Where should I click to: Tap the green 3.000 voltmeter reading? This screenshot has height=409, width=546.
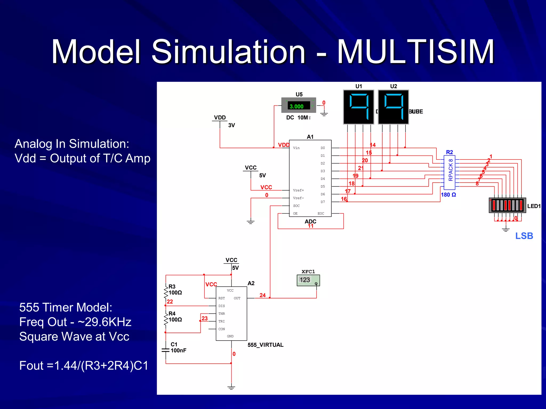click(x=296, y=107)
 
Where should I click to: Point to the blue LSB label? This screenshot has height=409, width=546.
click(x=524, y=236)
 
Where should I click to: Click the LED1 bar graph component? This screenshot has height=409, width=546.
click(x=507, y=205)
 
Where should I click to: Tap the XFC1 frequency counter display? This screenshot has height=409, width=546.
click(x=308, y=280)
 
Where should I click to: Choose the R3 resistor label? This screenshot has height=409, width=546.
click(x=172, y=287)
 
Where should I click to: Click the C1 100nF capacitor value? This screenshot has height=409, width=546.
click(x=178, y=350)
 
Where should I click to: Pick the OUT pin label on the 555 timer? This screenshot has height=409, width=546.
click(x=237, y=298)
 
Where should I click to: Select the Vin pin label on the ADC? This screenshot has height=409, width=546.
click(x=296, y=148)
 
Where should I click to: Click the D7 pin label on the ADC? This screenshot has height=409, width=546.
click(x=323, y=202)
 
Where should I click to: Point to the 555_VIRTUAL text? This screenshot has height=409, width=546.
click(x=265, y=345)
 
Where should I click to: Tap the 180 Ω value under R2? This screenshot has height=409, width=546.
click(x=448, y=195)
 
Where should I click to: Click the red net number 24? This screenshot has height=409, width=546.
click(x=262, y=295)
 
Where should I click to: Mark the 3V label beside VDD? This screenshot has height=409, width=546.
click(x=231, y=125)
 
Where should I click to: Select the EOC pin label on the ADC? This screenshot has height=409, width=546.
click(x=321, y=214)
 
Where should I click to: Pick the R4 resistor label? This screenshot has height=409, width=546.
click(x=172, y=313)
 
